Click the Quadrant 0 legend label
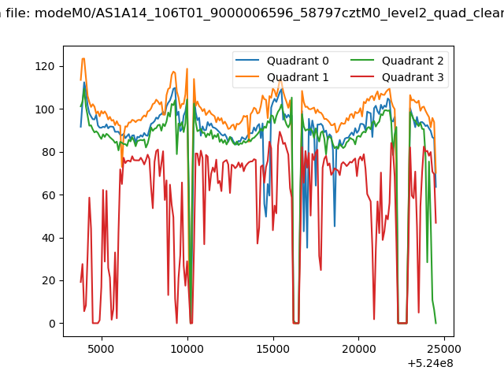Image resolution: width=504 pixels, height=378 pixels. coord(298,61)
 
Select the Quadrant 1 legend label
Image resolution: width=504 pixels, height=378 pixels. coord(298,77)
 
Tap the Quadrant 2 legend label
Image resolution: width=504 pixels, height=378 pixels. coord(413,61)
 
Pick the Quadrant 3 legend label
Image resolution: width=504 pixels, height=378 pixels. coord(413,77)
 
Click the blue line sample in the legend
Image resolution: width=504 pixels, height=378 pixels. coord(247,60)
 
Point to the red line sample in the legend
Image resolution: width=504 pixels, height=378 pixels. coord(362,77)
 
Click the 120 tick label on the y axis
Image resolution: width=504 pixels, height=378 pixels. coord(45,66)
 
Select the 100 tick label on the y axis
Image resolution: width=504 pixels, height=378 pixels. coord(45,109)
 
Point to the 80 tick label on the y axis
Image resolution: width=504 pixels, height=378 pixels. coord(48,152)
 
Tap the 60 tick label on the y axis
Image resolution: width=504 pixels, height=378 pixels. coord(48,195)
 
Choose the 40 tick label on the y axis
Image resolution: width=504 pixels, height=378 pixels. coord(48,238)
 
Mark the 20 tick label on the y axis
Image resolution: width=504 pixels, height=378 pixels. coord(48,280)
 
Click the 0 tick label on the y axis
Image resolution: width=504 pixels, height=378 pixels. coord(52,324)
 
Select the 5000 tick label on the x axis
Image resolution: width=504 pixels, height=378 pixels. coord(101,349)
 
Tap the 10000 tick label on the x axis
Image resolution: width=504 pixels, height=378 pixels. coord(187,349)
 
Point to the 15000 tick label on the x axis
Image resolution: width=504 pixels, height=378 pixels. coord(272,349)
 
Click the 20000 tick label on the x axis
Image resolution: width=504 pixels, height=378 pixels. coord(358,349)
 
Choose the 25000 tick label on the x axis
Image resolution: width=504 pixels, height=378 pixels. coord(444,349)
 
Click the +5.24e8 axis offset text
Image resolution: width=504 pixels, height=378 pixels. coord(431,364)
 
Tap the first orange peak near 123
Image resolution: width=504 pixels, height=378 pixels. coord(83,58)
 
